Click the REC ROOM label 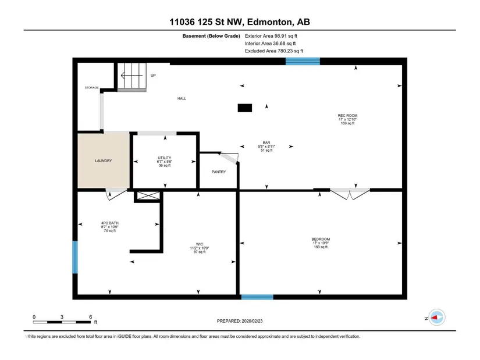pyautogui.click(x=347, y=116)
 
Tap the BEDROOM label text pyautogui.click(x=321, y=239)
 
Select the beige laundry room pyautogui.click(x=103, y=161)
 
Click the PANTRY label pyautogui.click(x=219, y=172)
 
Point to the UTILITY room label pyautogui.click(x=165, y=158)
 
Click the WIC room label pyautogui.click(x=200, y=244)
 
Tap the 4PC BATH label pyautogui.click(x=109, y=223)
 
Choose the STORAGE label pyautogui.click(x=91, y=88)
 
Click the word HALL pyautogui.click(x=182, y=98)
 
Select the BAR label pyautogui.click(x=266, y=142)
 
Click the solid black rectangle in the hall pyautogui.click(x=245, y=108)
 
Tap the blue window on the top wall pyautogui.click(x=303, y=61)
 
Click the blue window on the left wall pyautogui.click(x=75, y=257)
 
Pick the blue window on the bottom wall pyautogui.click(x=257, y=297)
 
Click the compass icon pyautogui.click(x=436, y=318)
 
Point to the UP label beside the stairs pyautogui.click(x=153, y=75)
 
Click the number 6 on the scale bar pyautogui.click(x=90, y=317)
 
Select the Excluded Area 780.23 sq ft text pyautogui.click(x=274, y=51)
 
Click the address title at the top pyautogui.click(x=240, y=22)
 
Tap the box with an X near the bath pyautogui.click(x=148, y=195)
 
